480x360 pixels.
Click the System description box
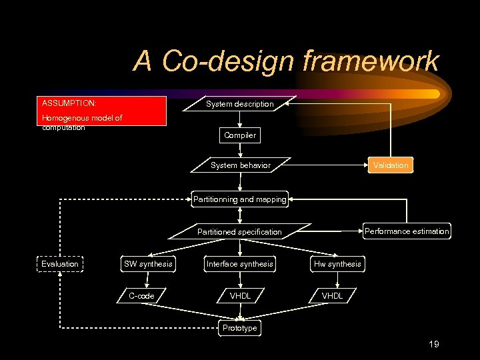(239, 104)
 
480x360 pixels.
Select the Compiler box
(240, 135)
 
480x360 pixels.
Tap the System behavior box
(240, 165)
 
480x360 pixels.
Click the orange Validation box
(391, 165)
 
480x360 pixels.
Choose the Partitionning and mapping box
(239, 199)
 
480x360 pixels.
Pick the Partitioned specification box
(239, 232)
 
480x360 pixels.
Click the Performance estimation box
(407, 231)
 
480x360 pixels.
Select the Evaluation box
(60, 264)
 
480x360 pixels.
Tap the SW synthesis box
(148, 264)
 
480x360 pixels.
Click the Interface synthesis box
(239, 264)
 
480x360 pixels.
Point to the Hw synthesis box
(337, 264)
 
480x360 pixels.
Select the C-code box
(141, 296)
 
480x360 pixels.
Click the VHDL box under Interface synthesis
(240, 296)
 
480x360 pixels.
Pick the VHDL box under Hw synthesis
(332, 296)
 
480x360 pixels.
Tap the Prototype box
(239, 328)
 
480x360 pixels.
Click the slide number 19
(433, 344)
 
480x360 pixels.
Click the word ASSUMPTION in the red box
(69, 104)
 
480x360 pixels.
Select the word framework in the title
(370, 61)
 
